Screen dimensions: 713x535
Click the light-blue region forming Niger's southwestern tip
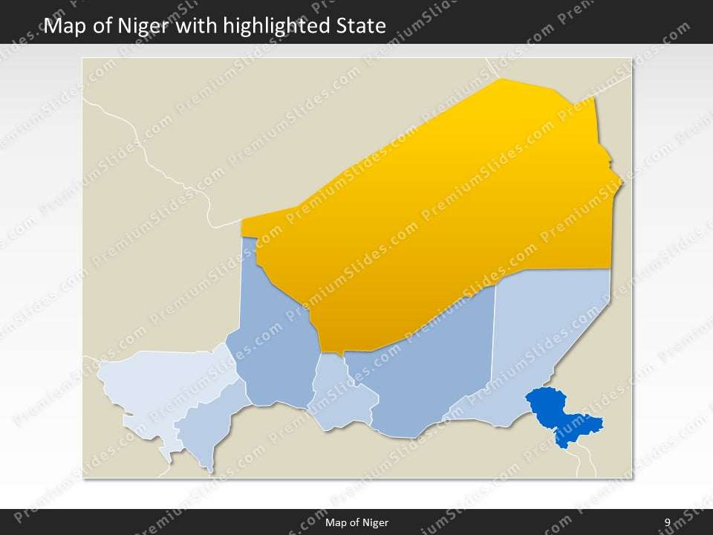point(204,431)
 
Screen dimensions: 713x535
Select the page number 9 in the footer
point(668,522)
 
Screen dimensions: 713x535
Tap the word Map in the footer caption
point(336,522)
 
